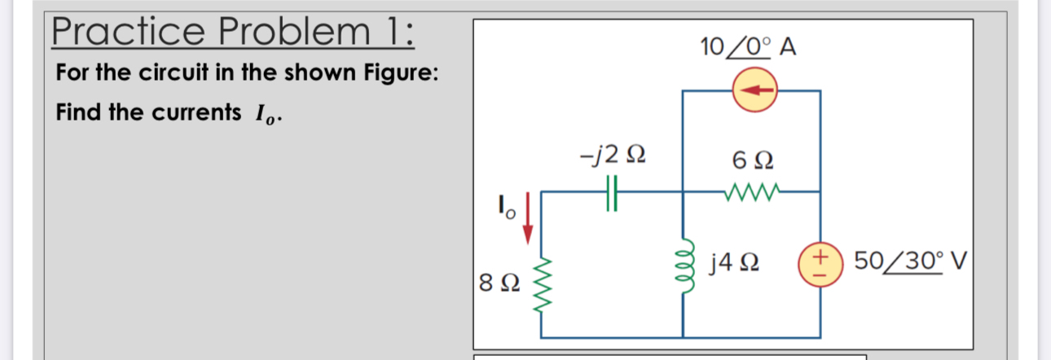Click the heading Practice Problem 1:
click(x=233, y=32)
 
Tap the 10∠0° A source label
click(x=747, y=47)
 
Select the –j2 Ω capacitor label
click(x=615, y=154)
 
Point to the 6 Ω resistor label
click(x=750, y=160)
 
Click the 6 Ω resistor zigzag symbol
click(x=750, y=193)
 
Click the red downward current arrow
click(x=528, y=218)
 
